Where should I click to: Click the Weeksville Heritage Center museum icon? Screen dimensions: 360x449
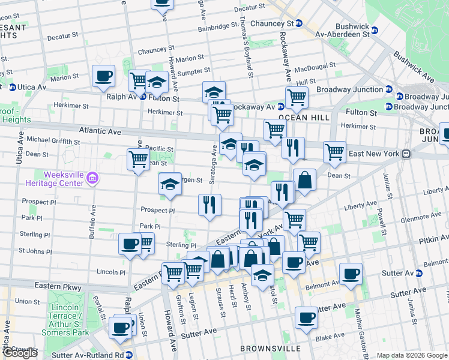pos(92,178)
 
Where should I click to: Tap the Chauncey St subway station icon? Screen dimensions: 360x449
pos(298,23)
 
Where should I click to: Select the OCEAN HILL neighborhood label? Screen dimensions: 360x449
pos(304,118)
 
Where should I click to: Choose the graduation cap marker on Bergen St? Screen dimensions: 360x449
pos(170,184)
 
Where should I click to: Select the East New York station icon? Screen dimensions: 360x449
pos(406,154)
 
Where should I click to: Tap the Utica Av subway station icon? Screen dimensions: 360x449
pos(12,88)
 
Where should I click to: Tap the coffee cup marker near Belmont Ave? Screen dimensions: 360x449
pos(351,273)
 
